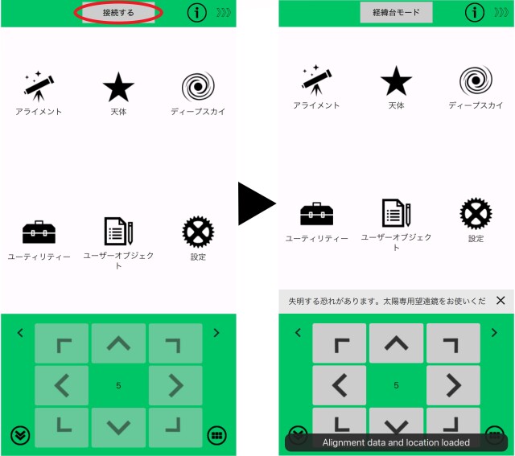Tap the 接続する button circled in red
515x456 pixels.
(118, 13)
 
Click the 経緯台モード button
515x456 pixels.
(396, 13)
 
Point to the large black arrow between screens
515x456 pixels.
(256, 204)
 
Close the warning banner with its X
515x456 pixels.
(501, 301)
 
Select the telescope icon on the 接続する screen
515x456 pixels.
(39, 85)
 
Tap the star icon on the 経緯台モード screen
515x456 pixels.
(396, 81)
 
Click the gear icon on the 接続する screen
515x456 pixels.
(198, 232)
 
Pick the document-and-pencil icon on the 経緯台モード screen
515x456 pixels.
(396, 213)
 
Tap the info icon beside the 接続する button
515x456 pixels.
(197, 13)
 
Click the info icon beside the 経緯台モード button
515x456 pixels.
(475, 13)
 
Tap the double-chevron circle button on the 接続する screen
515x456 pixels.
(20, 435)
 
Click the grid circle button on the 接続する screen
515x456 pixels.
(216, 435)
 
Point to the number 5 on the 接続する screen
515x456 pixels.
(118, 386)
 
